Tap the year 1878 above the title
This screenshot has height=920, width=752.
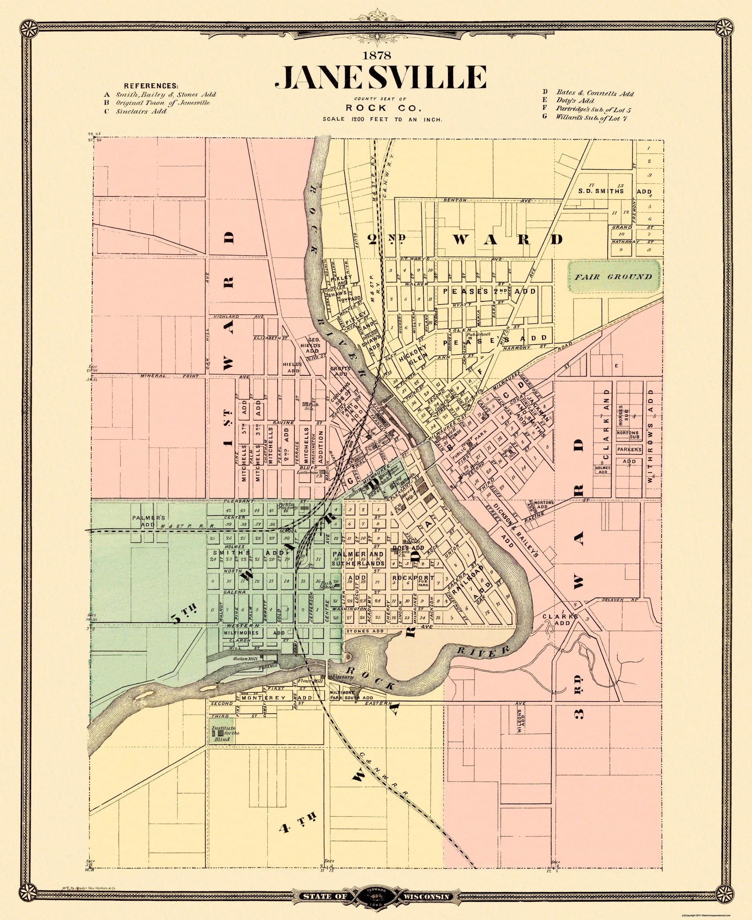coord(377,55)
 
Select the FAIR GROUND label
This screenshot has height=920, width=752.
coord(613,277)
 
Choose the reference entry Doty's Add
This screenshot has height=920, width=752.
coord(575,101)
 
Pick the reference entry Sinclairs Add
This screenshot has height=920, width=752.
coord(141,111)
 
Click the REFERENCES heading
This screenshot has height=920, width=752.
coord(151,86)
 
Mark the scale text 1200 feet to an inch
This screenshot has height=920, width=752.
coord(382,119)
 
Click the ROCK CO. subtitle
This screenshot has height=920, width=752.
coord(382,108)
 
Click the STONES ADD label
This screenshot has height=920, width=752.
coord(364,631)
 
